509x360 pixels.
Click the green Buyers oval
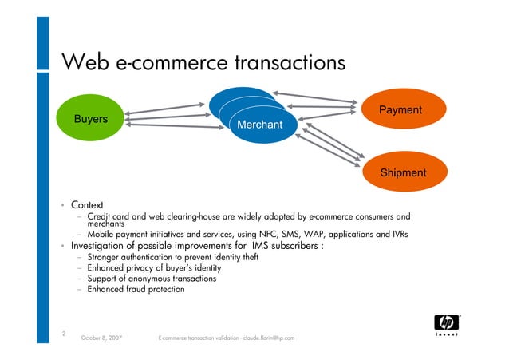click(91, 119)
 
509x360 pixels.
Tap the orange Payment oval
click(400, 110)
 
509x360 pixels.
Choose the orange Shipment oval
click(403, 172)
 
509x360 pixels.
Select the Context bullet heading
click(87, 205)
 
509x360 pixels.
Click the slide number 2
click(63, 334)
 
